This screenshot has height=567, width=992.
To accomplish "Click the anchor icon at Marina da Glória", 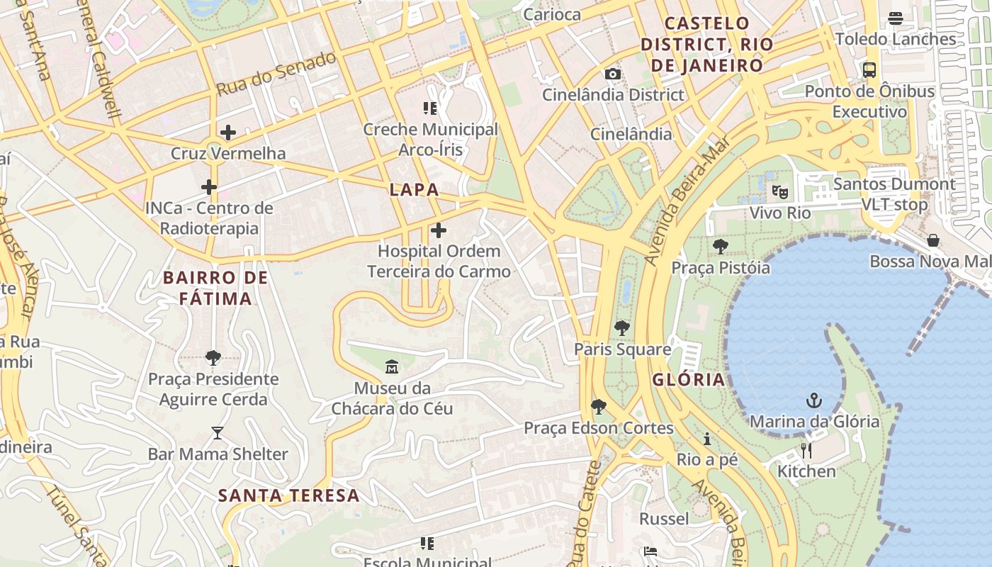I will pyautogui.click(x=814, y=400).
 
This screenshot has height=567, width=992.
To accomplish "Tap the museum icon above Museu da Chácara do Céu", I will pyautogui.click(x=392, y=366).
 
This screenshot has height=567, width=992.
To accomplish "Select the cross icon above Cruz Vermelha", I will pyautogui.click(x=228, y=133).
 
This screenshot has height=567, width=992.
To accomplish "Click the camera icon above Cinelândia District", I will pyautogui.click(x=613, y=74).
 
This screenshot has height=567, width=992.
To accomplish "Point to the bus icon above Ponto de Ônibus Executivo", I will pyautogui.click(x=869, y=70).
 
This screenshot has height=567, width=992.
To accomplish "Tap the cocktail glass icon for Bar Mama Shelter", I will pyautogui.click(x=218, y=433).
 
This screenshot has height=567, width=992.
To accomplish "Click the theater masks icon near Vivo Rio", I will pyautogui.click(x=780, y=191).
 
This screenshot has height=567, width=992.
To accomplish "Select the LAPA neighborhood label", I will pyautogui.click(x=414, y=190).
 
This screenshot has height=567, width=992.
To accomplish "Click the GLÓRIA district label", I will pyautogui.click(x=689, y=379).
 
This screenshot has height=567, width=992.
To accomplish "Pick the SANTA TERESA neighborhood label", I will pyautogui.click(x=288, y=495).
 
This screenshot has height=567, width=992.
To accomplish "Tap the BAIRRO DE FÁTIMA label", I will pyautogui.click(x=215, y=288).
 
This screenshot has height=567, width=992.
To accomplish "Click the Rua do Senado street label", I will pyautogui.click(x=276, y=74).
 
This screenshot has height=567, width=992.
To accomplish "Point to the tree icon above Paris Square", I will pyautogui.click(x=622, y=328).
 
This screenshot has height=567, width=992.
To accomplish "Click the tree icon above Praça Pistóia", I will pyautogui.click(x=721, y=247).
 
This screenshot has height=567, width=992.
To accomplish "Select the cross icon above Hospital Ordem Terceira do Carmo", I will pyautogui.click(x=439, y=230).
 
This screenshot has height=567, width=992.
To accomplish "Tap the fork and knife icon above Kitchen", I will pyautogui.click(x=806, y=450).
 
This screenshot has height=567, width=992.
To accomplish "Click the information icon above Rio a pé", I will pyautogui.click(x=707, y=439).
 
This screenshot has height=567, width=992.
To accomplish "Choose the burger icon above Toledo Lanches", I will pyautogui.click(x=896, y=18).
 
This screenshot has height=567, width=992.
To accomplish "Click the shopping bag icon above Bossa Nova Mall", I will pyautogui.click(x=933, y=240).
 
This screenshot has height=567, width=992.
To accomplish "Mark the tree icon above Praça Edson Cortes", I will pyautogui.click(x=599, y=407).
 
